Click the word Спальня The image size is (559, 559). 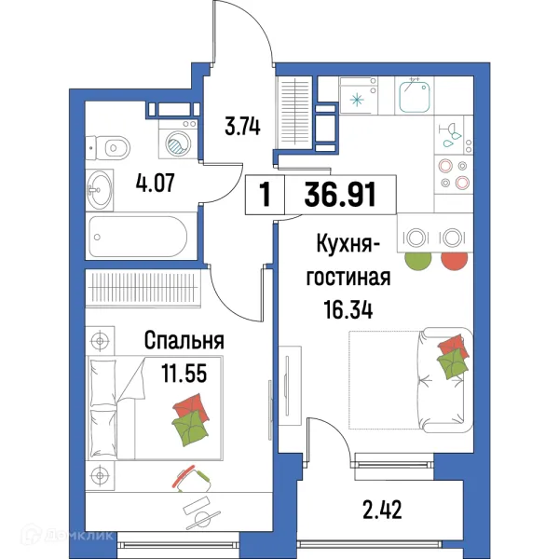184,341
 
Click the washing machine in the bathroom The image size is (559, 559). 177,141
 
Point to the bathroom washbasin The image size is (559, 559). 99,190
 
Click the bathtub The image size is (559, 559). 140,238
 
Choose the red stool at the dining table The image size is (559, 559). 454,255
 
